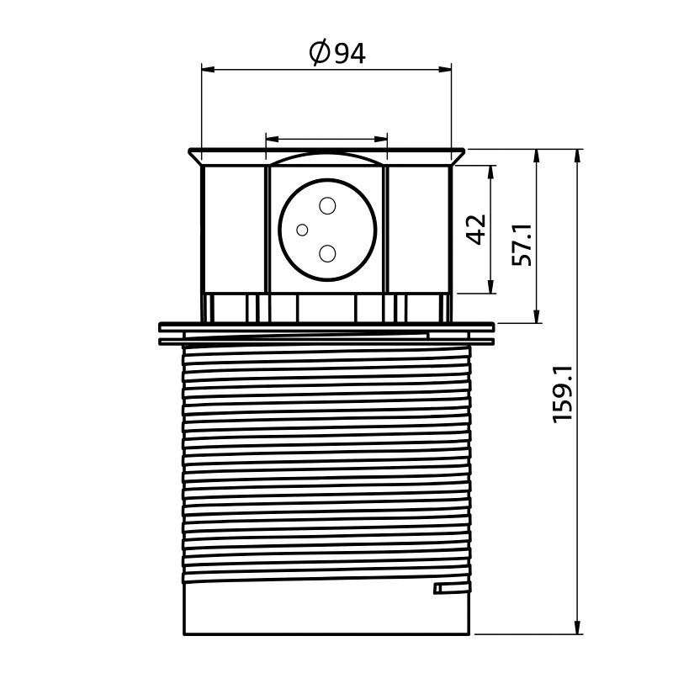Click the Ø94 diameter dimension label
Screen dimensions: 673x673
click(337, 53)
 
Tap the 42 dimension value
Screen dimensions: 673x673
click(477, 229)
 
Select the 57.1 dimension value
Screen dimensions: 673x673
click(522, 245)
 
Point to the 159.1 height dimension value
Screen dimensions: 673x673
click(563, 394)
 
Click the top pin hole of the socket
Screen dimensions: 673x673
click(327, 205)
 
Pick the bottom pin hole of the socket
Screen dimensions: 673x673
click(327, 254)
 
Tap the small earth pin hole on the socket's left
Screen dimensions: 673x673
click(302, 230)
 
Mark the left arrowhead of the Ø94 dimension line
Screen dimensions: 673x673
click(208, 70)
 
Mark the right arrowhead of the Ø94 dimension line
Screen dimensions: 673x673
click(445, 70)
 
